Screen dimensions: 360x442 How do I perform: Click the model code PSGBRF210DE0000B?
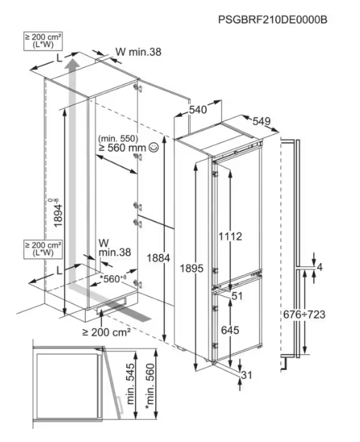click(273, 20)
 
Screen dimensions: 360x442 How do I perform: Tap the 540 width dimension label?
click(198, 110)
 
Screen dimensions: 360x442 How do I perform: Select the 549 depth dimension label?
click(262, 121)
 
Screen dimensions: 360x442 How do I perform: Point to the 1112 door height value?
click(231, 237)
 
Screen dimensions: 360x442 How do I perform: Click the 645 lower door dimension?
click(230, 330)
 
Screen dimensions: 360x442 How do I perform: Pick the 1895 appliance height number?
click(192, 268)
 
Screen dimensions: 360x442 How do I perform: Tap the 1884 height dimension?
click(159, 257)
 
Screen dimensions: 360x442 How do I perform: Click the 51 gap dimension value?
click(237, 296)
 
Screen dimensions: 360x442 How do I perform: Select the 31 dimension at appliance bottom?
click(246, 375)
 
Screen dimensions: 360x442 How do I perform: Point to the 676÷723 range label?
click(304, 314)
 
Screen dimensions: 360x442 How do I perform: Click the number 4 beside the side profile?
click(319, 267)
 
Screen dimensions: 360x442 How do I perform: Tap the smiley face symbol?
click(154, 147)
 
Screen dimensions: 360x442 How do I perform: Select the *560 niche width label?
click(113, 279)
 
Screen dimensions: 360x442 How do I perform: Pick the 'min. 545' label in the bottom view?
click(130, 384)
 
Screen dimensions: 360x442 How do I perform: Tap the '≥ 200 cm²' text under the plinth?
click(107, 332)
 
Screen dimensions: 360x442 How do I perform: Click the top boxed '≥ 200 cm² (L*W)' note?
click(43, 41)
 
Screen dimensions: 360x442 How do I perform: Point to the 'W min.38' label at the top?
click(138, 52)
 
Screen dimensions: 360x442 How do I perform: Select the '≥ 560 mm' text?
click(122, 147)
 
